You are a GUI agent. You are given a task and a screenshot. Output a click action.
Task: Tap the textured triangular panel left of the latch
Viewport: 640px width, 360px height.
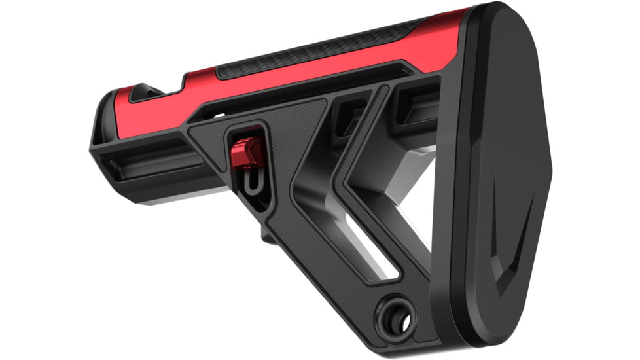tap(209, 137)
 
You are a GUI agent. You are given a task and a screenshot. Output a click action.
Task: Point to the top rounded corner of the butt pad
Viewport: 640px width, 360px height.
tap(497, 13)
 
